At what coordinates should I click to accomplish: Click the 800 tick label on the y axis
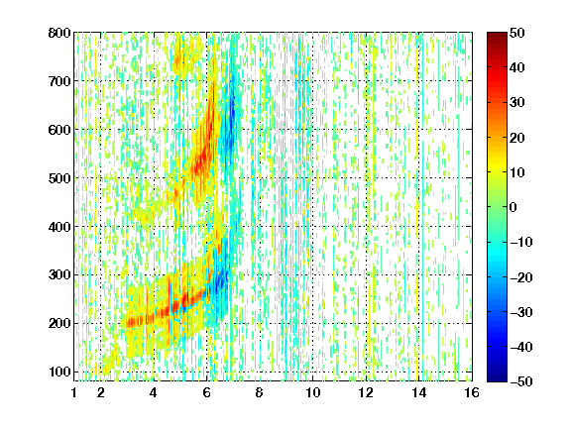pyautogui.click(x=59, y=33)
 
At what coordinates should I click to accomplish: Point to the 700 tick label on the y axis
pyautogui.click(x=59, y=81)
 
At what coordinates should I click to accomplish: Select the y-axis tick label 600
pyautogui.click(x=59, y=130)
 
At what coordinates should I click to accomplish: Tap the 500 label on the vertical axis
pyautogui.click(x=59, y=178)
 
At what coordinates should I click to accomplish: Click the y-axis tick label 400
pyautogui.click(x=59, y=227)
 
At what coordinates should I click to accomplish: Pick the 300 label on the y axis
pyautogui.click(x=59, y=275)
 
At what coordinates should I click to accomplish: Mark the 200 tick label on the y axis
pyautogui.click(x=59, y=324)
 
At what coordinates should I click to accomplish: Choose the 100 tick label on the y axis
pyautogui.click(x=59, y=372)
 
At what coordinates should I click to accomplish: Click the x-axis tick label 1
pyautogui.click(x=74, y=393)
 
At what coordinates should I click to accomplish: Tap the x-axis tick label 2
pyautogui.click(x=101, y=393)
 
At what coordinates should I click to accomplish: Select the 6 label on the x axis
pyautogui.click(x=207, y=393)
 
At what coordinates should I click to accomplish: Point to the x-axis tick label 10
pyautogui.click(x=313, y=393)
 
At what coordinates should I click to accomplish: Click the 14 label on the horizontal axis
pyautogui.click(x=419, y=393)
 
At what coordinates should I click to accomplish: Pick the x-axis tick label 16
pyautogui.click(x=472, y=393)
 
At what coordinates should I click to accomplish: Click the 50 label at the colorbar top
pyautogui.click(x=516, y=33)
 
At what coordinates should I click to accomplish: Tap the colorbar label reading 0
pyautogui.click(x=514, y=207)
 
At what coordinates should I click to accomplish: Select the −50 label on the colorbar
pyautogui.click(x=521, y=381)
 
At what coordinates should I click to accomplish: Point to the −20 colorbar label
pyautogui.click(x=521, y=277)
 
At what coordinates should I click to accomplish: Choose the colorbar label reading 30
pyautogui.click(x=516, y=103)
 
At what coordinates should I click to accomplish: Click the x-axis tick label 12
pyautogui.click(x=366, y=393)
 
